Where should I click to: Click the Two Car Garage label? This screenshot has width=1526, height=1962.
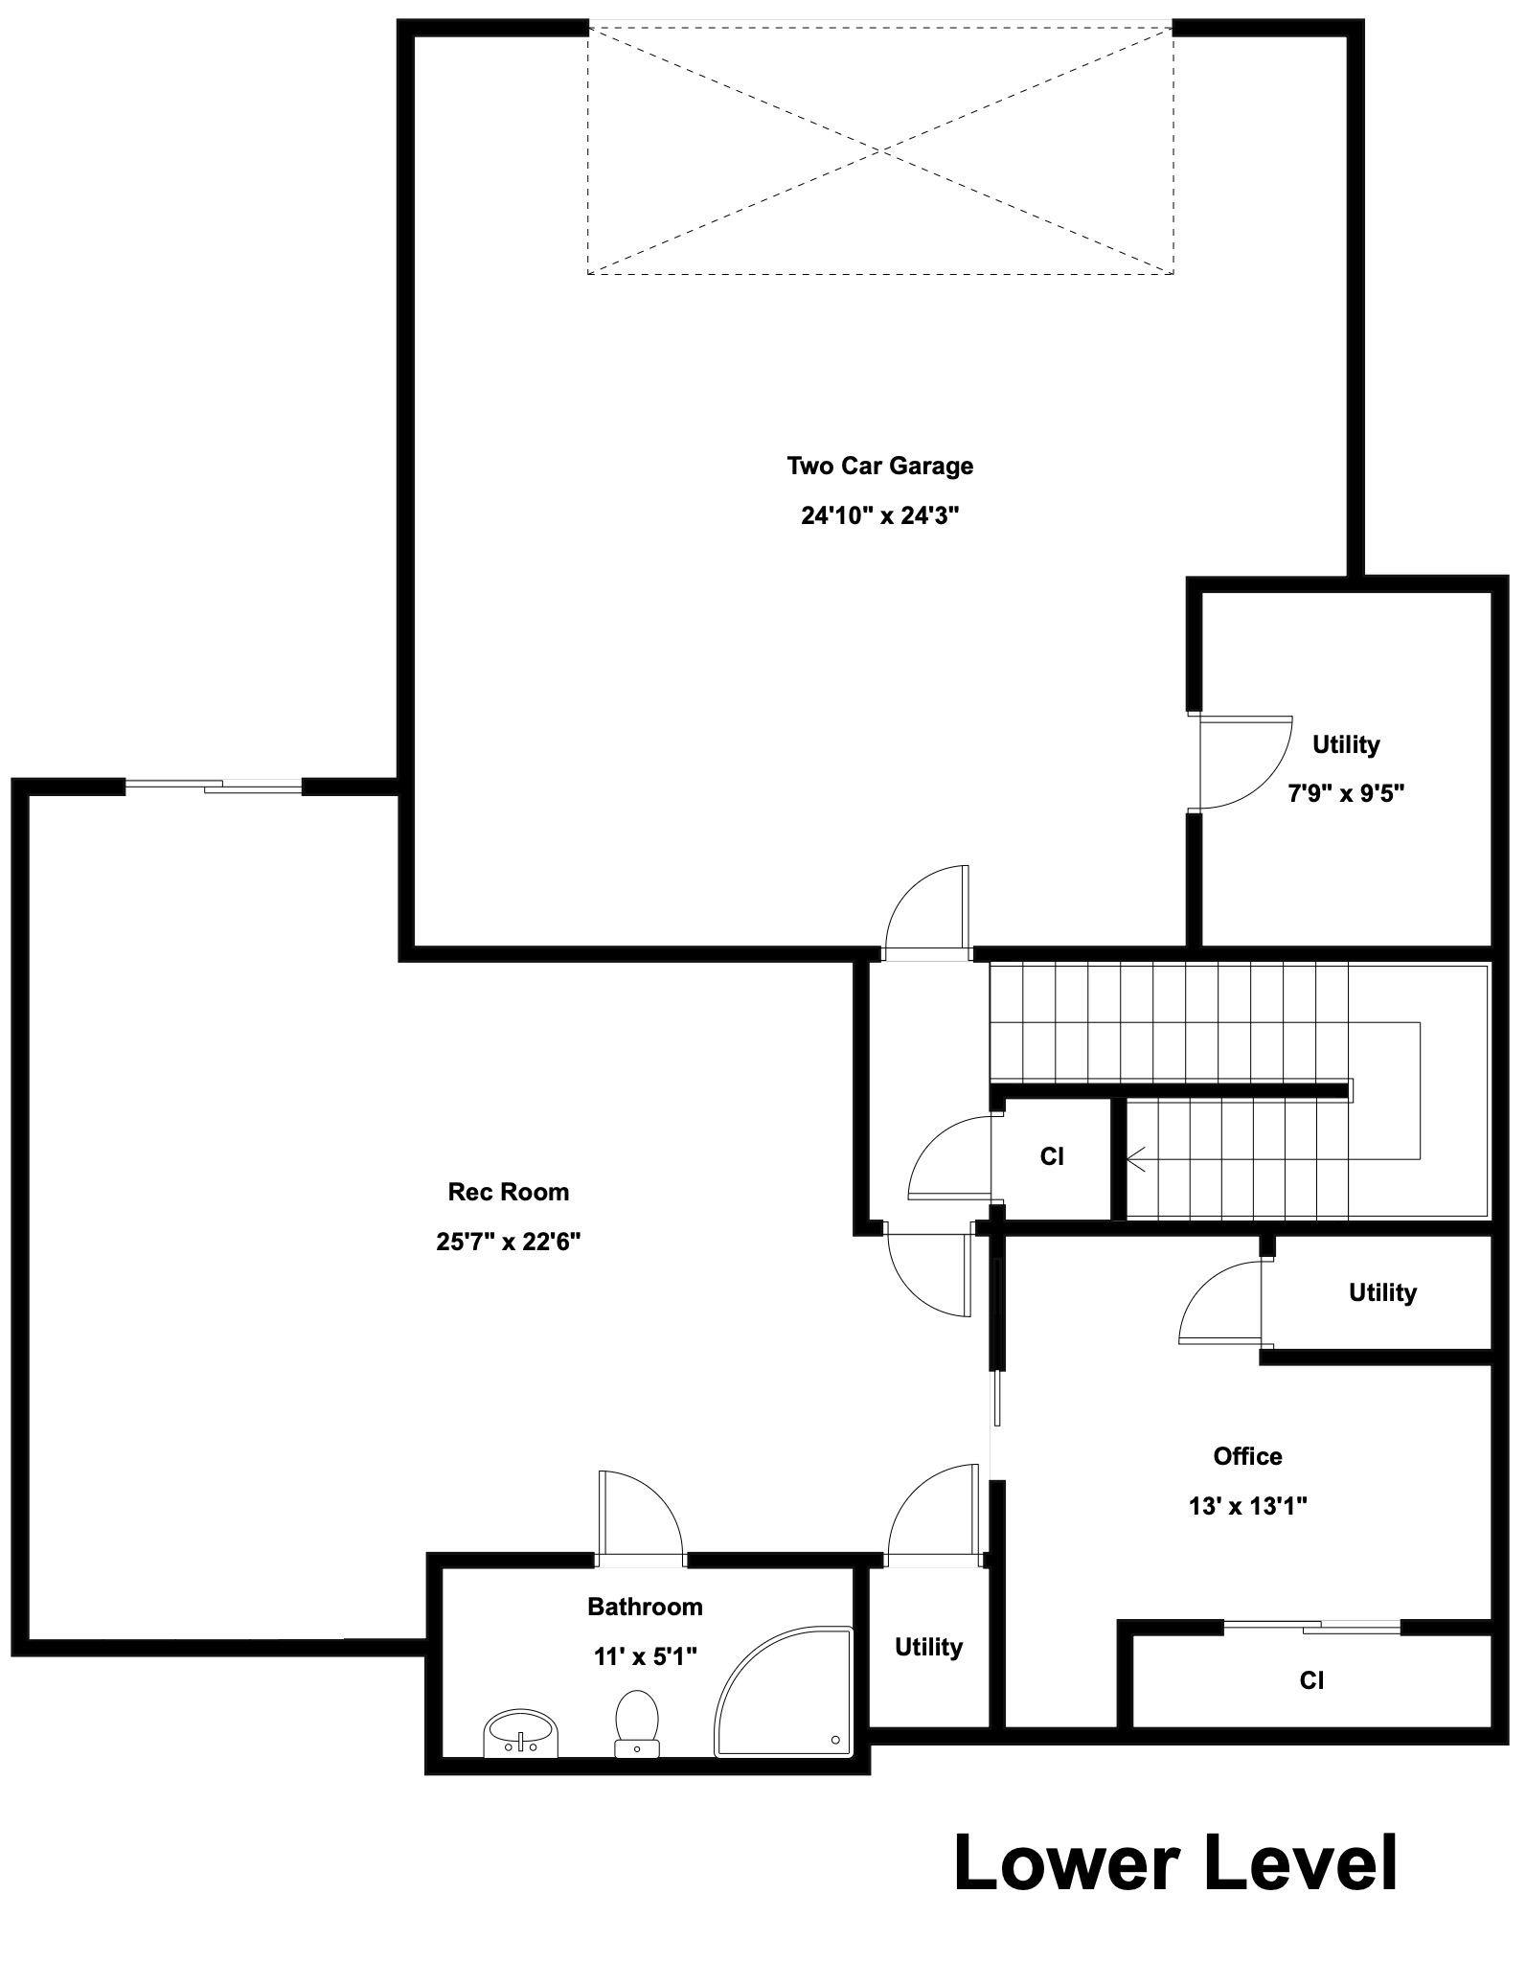879,466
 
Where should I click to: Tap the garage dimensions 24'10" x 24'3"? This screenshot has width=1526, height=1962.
879,515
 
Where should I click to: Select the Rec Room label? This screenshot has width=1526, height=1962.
509,1192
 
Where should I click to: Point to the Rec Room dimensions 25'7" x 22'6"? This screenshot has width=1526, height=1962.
509,1242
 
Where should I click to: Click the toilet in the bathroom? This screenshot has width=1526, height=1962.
636,1724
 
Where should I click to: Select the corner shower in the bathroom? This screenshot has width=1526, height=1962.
784,1693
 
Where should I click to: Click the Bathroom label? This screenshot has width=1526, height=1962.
645,1607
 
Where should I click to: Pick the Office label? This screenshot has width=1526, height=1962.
1247,1456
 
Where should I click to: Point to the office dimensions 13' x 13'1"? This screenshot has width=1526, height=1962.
1247,1506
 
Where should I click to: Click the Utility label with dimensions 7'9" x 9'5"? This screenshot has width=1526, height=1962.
1346,744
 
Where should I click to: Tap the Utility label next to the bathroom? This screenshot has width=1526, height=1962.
928,1647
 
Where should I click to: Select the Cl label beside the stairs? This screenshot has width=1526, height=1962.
1052,1156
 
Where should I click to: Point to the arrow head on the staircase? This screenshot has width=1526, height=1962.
1137,1160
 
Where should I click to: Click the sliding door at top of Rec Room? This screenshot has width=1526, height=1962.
214,787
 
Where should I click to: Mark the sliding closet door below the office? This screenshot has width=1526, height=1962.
1311,1626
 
